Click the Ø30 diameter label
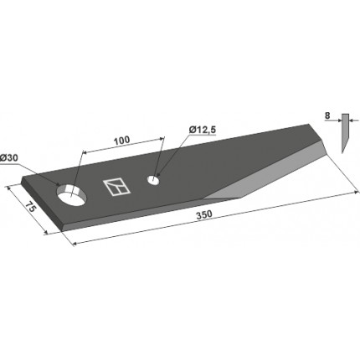(8, 158)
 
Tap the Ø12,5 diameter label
(203, 130)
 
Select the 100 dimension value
(121, 139)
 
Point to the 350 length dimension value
(204, 215)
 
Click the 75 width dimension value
(30, 208)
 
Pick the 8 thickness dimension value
(327, 116)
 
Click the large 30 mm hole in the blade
(72, 195)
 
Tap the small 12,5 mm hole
(153, 180)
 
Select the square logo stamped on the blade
(116, 187)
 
